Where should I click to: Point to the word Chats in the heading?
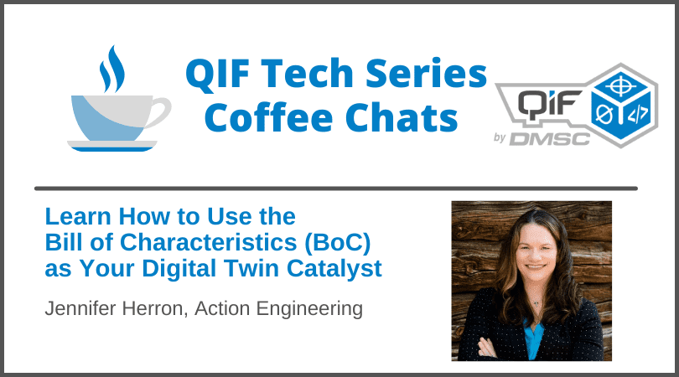pyautogui.click(x=402, y=117)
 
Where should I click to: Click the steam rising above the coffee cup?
pyautogui.click(x=112, y=70)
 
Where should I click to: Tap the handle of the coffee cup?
pyautogui.click(x=160, y=111)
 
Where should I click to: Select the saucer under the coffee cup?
pyautogui.click(x=112, y=146)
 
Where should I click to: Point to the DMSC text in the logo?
pyautogui.click(x=550, y=139)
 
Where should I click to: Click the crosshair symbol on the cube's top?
pyautogui.click(x=621, y=86)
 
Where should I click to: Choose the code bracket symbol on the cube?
pyautogui.click(x=638, y=114)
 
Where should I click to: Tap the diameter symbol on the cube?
pyautogui.click(x=604, y=115)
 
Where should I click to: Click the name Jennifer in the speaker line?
pyautogui.click(x=81, y=308)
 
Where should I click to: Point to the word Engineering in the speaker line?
pyautogui.click(x=309, y=309)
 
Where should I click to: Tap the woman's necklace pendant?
pyautogui.click(x=536, y=303)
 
